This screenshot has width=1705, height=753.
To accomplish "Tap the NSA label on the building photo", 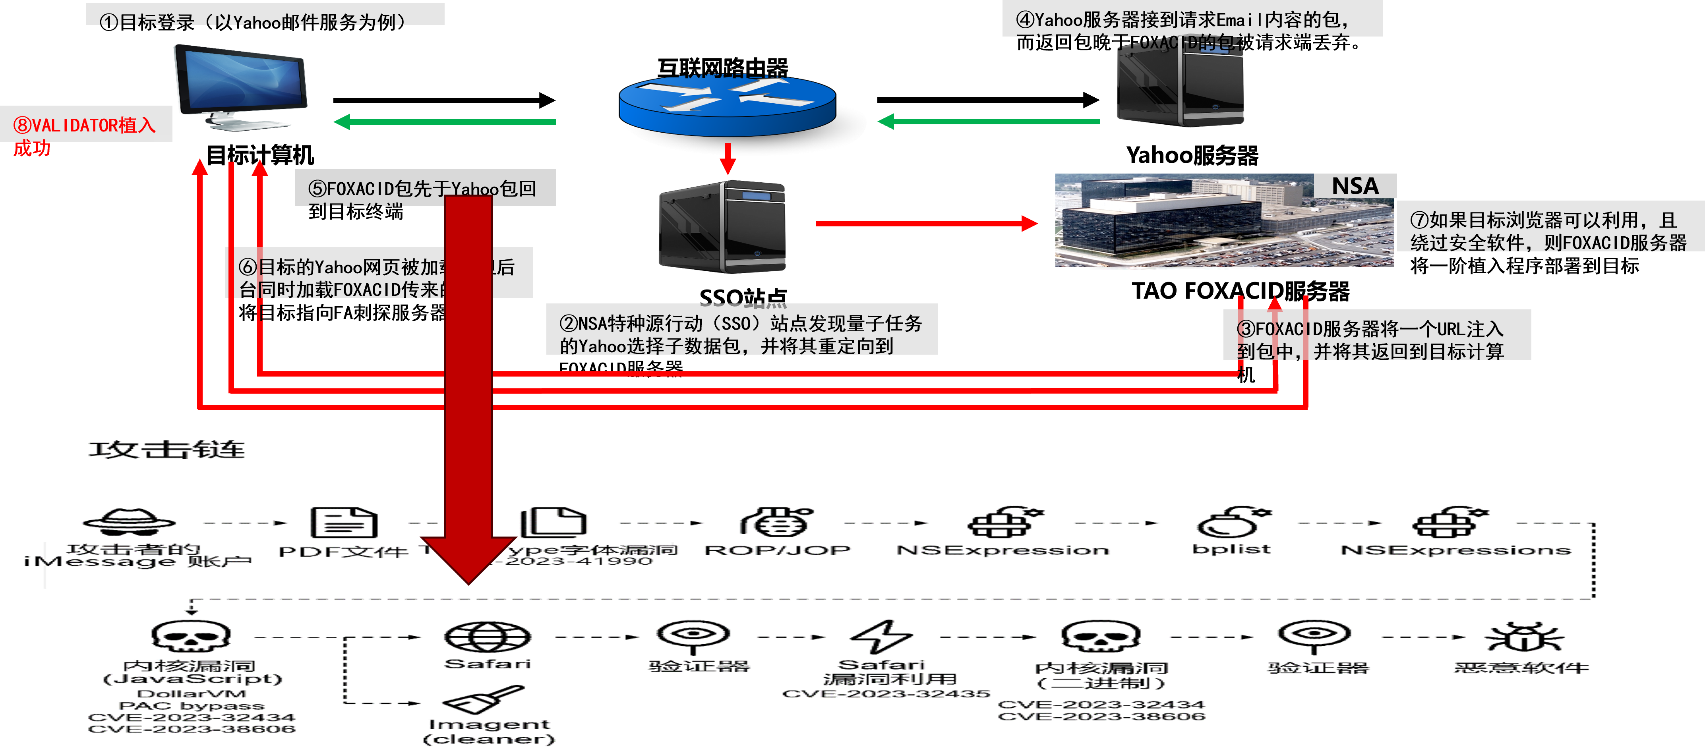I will [x=1354, y=186].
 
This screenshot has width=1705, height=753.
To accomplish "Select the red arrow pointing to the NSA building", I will [x=927, y=224].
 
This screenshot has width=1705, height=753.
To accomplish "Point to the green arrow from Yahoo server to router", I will [x=989, y=122].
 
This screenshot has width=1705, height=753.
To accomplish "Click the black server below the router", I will [x=722, y=226].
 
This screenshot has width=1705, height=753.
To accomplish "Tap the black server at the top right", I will [x=1180, y=83].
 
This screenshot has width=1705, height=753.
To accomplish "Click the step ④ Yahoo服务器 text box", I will [x=1191, y=20].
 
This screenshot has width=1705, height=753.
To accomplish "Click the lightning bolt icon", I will [x=884, y=637].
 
